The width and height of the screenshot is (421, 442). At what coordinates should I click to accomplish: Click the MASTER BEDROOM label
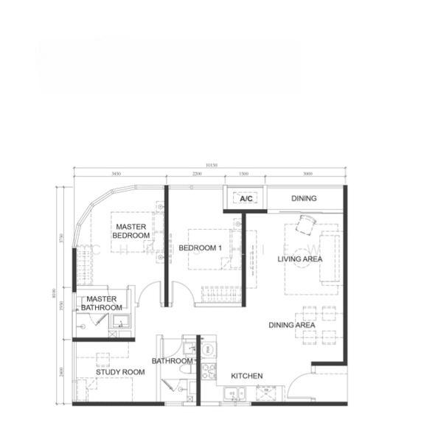pos(131,231)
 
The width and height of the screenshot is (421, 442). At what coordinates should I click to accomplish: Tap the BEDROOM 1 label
pos(200,248)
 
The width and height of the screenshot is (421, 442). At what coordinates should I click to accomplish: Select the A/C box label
pos(245,198)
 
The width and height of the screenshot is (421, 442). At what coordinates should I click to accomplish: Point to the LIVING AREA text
pos(299,259)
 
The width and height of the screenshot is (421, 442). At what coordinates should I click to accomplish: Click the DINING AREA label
pos(292,325)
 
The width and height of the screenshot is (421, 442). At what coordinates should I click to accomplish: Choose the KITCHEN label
pos(246,376)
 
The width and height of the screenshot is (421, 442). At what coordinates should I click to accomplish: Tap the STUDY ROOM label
pos(120,372)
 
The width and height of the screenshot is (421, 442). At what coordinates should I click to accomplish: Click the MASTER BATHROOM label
pos(101,303)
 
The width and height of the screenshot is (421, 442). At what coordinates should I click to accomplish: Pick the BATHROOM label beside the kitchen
pos(172,361)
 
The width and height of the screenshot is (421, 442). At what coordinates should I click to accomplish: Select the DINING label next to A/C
pos(303,198)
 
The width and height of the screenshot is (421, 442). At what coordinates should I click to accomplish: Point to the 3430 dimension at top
pos(116,174)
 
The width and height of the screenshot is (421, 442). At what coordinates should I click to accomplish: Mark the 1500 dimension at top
pos(243,174)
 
